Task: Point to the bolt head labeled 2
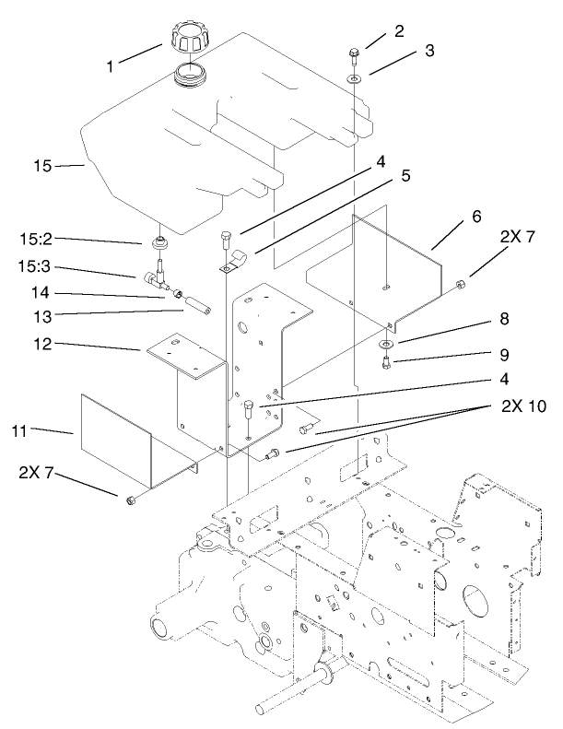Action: point(355,50)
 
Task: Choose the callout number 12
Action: point(97,345)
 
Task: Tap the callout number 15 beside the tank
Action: point(42,166)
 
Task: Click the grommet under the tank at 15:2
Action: point(159,243)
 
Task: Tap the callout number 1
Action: point(111,65)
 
